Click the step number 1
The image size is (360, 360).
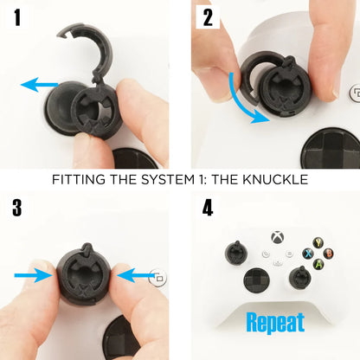(17, 17)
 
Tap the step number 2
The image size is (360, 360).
(208, 17)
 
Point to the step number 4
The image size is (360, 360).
(208, 208)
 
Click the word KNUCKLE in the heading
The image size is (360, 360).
(275, 179)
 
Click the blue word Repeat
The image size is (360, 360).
(275, 323)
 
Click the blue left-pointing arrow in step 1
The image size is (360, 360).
(40, 84)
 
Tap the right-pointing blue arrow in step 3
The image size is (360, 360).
(33, 275)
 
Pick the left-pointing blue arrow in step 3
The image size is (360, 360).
(136, 275)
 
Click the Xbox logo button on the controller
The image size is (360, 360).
(277, 237)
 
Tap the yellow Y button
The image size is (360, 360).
(318, 243)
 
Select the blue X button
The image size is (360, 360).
(308, 254)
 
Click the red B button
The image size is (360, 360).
(328, 254)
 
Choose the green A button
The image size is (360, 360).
(318, 264)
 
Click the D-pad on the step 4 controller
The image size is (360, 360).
(257, 280)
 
